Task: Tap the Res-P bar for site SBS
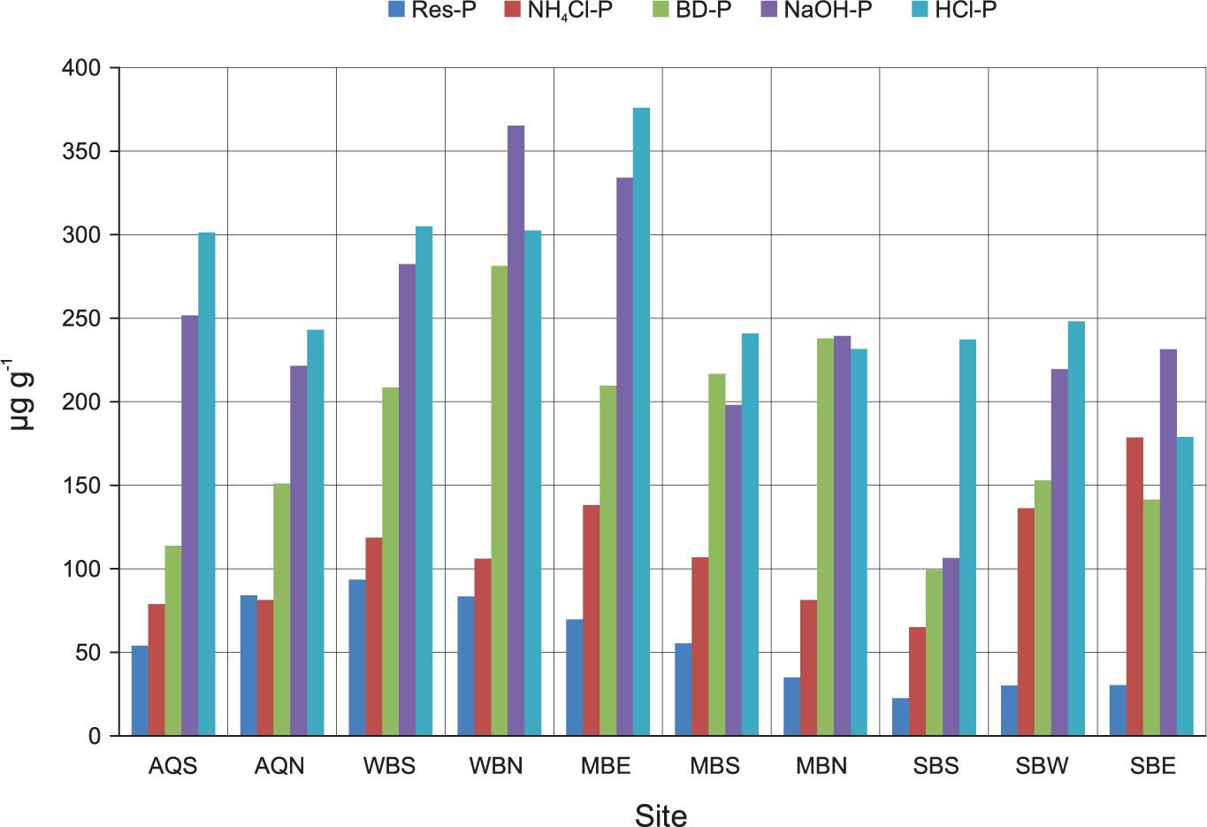[900, 716]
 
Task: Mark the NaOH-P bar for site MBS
[733, 570]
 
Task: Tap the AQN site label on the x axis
[279, 766]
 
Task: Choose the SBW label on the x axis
[1043, 766]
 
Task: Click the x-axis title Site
[661, 815]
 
